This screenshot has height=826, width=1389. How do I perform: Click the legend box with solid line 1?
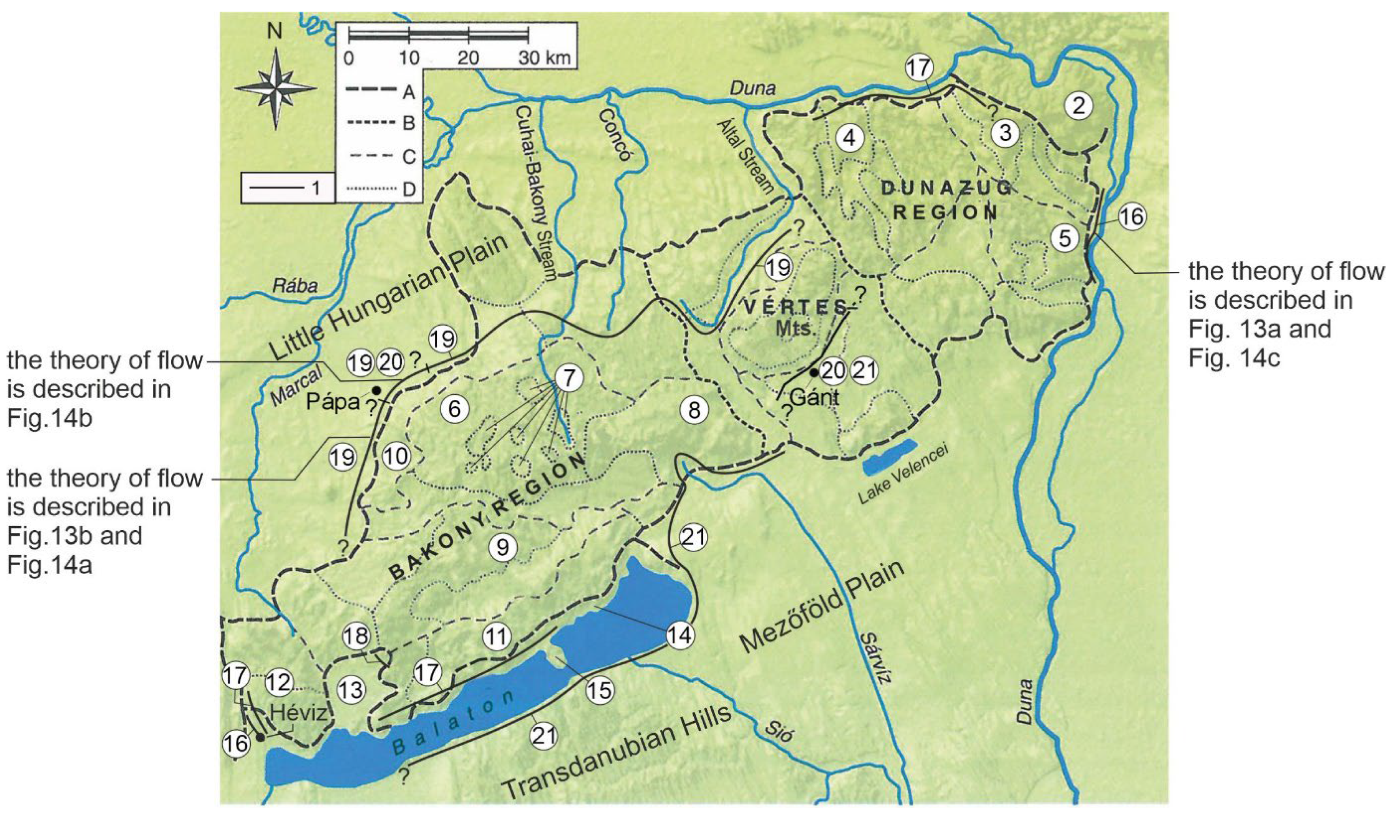pos(287,188)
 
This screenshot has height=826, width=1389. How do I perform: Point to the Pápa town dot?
pos(377,390)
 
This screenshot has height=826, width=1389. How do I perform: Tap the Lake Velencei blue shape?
pos(889,457)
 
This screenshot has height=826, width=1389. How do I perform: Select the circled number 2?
pos(1078,105)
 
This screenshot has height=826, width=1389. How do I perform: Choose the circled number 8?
pos(694,410)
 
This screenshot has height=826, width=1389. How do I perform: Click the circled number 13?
pos(351,690)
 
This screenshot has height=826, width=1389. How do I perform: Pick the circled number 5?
pos(1065,238)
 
